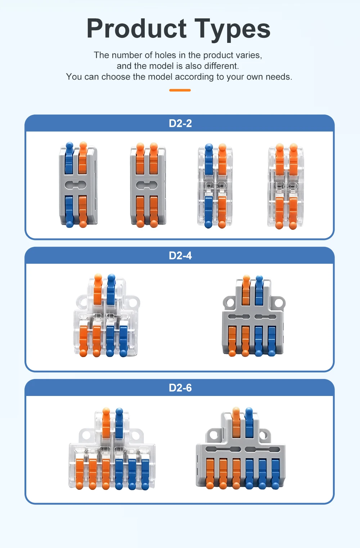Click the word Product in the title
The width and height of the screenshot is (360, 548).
point(137,28)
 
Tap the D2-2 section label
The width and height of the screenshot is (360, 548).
point(180,123)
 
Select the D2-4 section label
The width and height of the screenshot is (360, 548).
point(180,256)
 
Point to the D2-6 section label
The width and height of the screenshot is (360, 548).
point(180,388)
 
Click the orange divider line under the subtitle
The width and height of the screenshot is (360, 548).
point(180,90)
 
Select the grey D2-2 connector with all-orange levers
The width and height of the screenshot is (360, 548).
point(148,185)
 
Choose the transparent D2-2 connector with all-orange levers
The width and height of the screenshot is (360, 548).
point(286,186)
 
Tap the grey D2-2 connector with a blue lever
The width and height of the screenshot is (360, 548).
point(78,185)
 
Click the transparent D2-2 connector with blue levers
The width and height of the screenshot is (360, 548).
point(215,186)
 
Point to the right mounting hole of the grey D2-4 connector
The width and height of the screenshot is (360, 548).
point(278,303)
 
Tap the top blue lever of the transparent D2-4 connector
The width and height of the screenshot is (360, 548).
point(111,289)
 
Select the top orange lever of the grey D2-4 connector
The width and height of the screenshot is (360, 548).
point(246,290)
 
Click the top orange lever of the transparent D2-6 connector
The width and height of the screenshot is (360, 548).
point(106,423)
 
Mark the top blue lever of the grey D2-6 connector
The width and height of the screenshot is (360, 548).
point(249,423)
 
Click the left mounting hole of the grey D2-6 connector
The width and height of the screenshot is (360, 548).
point(213,435)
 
